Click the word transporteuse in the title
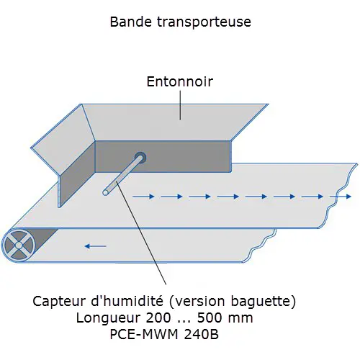[204, 22]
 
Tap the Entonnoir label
[180, 81]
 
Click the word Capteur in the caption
[60, 302]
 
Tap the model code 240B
[201, 334]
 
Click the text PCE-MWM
[144, 334]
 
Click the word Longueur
[109, 318]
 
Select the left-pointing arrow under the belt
[96, 246]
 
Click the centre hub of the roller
[19, 246]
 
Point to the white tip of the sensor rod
[105, 192]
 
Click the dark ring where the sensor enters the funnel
[140, 158]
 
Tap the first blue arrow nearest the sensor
[143, 197]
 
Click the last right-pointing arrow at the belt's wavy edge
[341, 197]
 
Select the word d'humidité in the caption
[127, 301]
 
